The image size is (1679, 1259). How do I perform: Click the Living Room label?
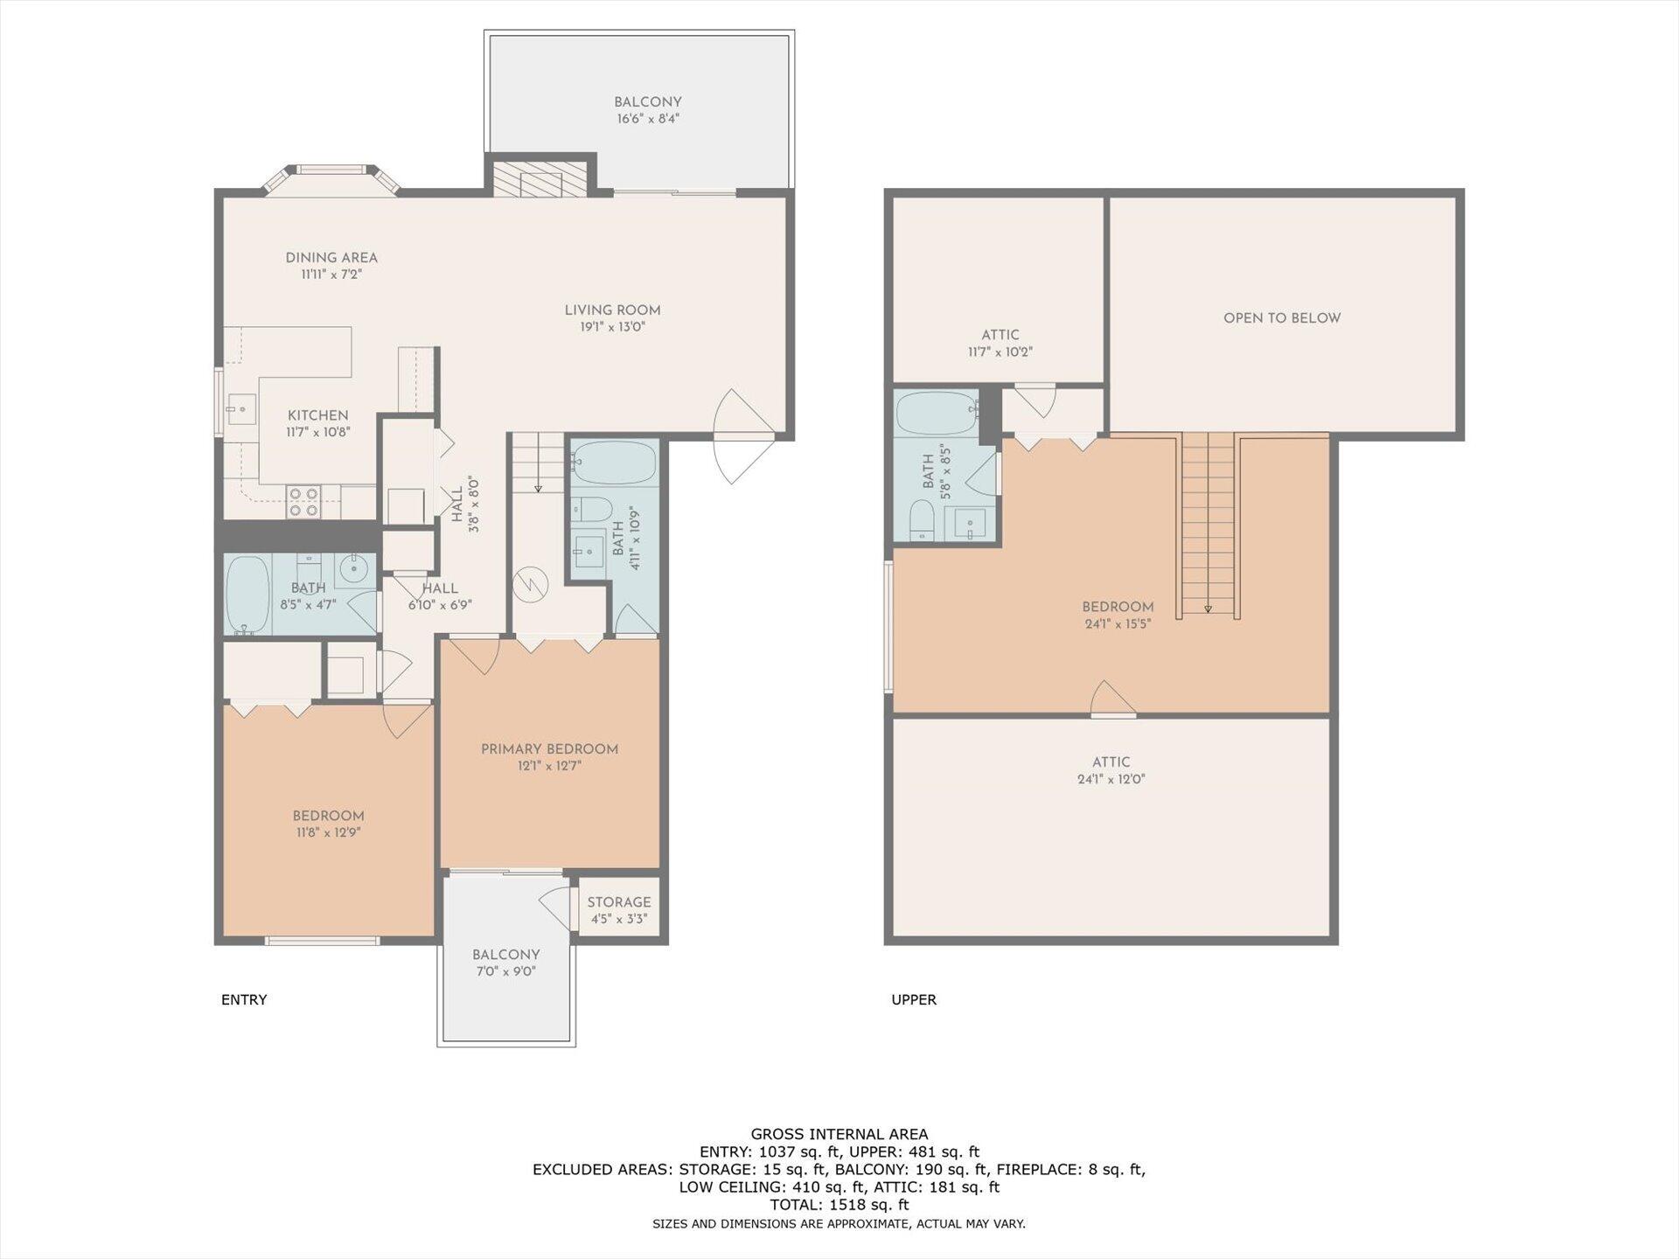tap(612, 310)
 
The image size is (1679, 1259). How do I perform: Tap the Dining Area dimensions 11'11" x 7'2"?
tap(331, 275)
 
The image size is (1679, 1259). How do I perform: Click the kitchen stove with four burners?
tap(304, 502)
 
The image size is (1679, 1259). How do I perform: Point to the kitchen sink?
tap(240, 408)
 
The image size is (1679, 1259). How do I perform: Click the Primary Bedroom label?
tap(549, 749)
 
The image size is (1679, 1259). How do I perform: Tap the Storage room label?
tap(618, 902)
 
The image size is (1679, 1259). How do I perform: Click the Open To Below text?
tap(1281, 318)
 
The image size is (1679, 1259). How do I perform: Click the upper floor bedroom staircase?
tap(1208, 525)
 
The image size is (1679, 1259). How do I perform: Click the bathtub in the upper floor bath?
tap(937, 414)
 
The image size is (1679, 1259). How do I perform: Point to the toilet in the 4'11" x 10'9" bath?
tap(594, 508)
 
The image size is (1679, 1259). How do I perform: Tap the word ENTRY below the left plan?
tap(244, 999)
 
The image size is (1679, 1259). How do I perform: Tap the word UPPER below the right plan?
tap(914, 999)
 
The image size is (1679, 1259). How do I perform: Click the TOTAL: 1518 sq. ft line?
tap(839, 1205)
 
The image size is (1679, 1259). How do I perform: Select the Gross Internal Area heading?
tap(839, 1134)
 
